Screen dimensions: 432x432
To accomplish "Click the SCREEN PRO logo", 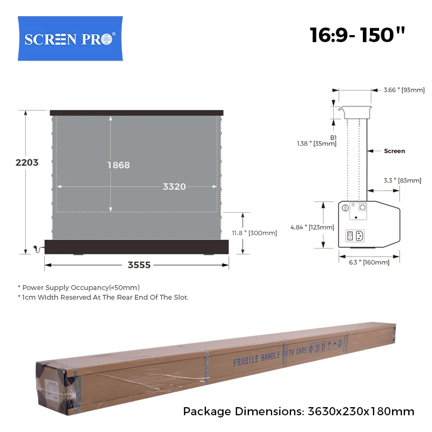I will click(x=70, y=39).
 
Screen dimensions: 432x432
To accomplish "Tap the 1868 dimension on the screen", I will click(x=118, y=165).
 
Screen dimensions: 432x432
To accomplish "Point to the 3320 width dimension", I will click(x=174, y=187).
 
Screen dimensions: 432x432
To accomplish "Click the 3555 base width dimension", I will click(x=139, y=265).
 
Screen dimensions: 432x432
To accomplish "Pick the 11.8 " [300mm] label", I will click(x=254, y=233).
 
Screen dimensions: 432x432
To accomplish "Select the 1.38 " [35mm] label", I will click(x=316, y=144).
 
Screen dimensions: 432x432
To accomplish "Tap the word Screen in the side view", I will click(x=394, y=151).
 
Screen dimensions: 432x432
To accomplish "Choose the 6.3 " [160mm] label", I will click(x=369, y=262).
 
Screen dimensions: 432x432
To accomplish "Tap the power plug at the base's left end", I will click(x=37, y=248).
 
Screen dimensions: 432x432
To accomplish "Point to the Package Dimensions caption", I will click(x=299, y=411).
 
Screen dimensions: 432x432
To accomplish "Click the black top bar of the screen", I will click(x=136, y=113).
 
